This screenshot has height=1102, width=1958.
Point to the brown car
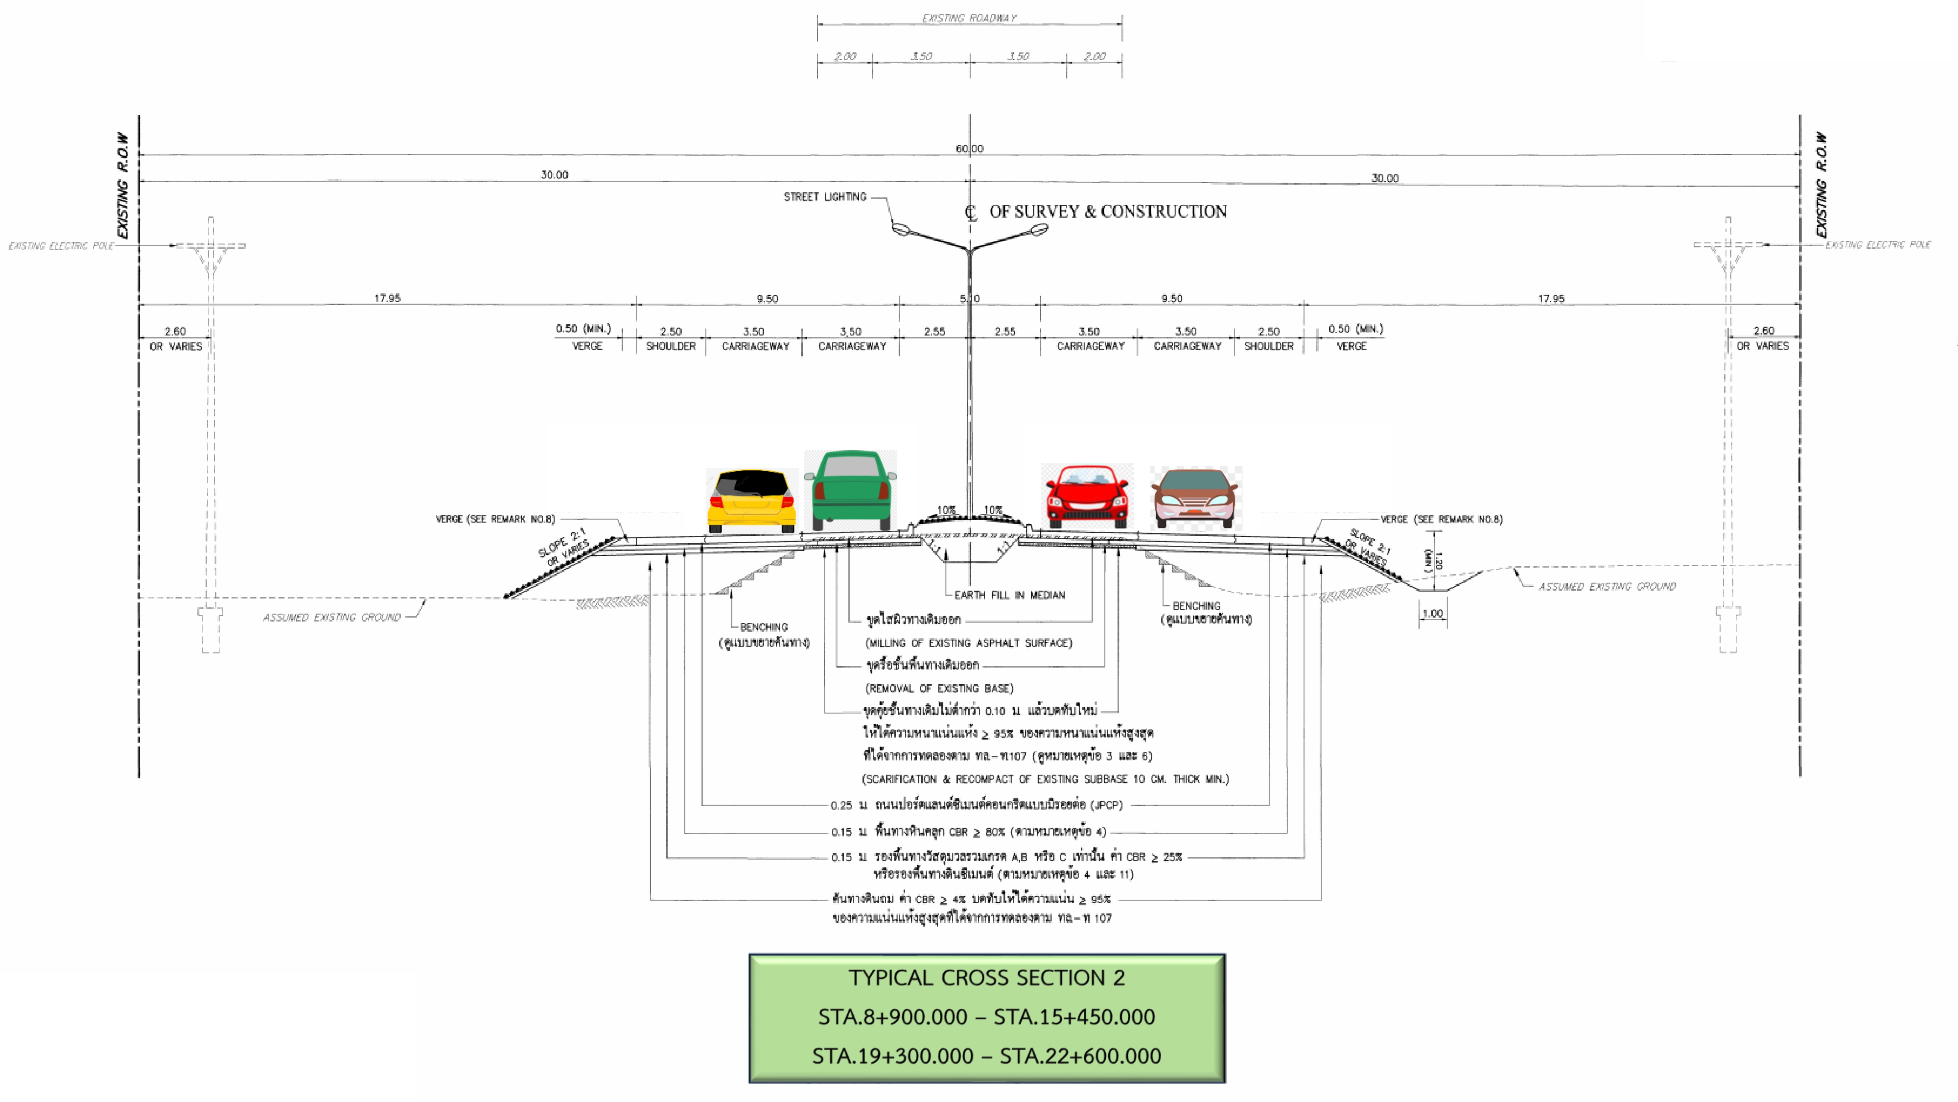tap(1196, 498)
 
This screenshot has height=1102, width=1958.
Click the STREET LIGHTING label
tap(825, 197)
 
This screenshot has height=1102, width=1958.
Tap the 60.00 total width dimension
tap(969, 148)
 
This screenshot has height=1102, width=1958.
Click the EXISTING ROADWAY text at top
tap(969, 18)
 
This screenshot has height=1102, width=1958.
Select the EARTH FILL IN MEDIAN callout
tap(1009, 595)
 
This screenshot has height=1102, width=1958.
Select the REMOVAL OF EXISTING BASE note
tap(939, 688)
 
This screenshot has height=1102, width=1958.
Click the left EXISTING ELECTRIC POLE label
tap(61, 246)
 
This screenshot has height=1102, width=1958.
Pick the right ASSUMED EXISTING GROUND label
tap(1607, 586)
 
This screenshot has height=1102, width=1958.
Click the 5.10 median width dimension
tap(970, 299)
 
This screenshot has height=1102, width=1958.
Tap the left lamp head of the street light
tap(901, 228)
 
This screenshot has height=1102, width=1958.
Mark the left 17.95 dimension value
tap(387, 298)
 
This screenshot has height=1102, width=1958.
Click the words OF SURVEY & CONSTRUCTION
tap(1107, 212)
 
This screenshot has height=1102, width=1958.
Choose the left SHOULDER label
tap(671, 346)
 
